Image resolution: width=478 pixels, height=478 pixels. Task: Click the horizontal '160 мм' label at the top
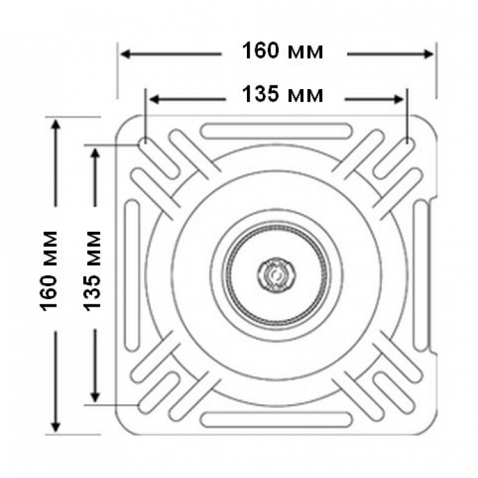283,51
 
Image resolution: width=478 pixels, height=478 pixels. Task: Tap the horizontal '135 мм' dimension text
283,94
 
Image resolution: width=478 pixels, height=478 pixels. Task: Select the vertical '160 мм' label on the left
49,271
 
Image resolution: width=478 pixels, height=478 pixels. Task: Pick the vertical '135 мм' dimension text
92,271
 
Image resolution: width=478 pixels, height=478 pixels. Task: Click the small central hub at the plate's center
276,275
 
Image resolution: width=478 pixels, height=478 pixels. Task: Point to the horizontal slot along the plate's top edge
276,131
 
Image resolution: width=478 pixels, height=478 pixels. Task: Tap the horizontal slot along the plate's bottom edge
276,419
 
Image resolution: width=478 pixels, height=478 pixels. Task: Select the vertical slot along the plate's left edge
132,275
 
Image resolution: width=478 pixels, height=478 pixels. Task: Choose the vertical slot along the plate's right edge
421,275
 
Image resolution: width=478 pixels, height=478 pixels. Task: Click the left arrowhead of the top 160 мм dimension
126,54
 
